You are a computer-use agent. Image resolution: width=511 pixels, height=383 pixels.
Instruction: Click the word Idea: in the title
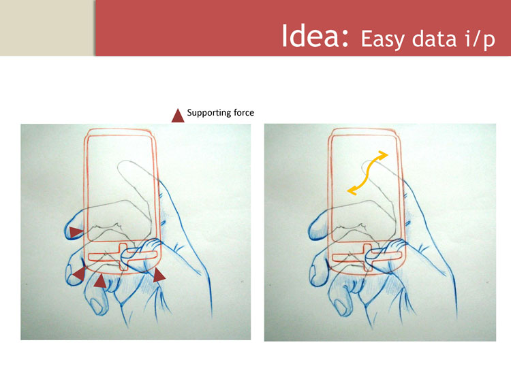coord(315,35)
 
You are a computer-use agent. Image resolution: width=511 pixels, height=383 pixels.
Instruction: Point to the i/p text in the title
coord(479,39)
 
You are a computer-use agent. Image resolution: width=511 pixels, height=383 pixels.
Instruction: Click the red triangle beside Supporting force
coord(178,116)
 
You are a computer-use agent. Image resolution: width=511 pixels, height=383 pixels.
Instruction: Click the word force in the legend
coord(244,113)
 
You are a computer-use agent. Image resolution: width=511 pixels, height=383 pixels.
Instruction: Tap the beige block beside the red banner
coord(47,28)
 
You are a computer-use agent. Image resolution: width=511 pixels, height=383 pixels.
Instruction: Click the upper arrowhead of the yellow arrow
coord(383,155)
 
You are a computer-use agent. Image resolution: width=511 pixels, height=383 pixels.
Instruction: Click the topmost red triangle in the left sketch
coord(76,232)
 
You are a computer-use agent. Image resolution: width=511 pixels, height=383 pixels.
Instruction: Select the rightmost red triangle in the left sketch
coord(159,276)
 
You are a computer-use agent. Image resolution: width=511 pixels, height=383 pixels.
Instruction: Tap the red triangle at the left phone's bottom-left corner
coord(79,273)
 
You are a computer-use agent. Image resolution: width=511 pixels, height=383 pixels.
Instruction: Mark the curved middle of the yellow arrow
coord(367,173)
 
